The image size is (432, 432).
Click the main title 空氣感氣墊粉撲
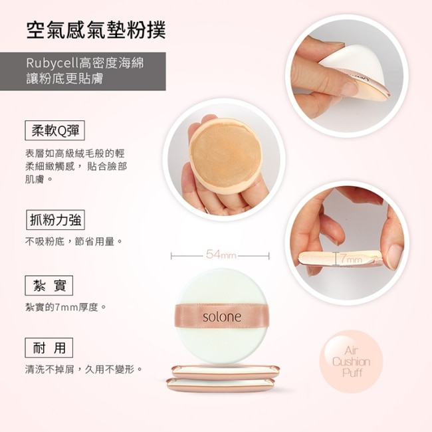click(x=96, y=30)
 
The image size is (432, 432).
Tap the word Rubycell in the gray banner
click(x=53, y=63)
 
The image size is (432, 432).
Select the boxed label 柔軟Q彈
click(x=54, y=130)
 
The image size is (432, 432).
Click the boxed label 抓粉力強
click(x=55, y=220)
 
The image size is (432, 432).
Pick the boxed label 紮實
click(x=49, y=285)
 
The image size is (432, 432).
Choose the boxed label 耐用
click(x=49, y=348)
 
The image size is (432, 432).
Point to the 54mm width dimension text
click(x=221, y=255)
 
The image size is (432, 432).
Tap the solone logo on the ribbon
click(x=222, y=317)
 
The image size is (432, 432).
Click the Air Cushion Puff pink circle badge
click(x=352, y=362)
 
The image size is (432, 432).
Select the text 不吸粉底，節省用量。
click(x=74, y=242)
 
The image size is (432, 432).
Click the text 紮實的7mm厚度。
click(x=66, y=307)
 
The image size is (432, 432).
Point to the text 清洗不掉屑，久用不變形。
click(x=84, y=369)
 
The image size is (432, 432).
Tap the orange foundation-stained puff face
click(x=225, y=156)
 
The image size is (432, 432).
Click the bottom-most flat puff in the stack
click(x=221, y=385)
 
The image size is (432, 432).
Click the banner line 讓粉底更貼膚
click(x=64, y=78)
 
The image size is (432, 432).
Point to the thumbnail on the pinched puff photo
click(x=395, y=252)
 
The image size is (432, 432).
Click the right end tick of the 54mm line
click(x=269, y=256)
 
